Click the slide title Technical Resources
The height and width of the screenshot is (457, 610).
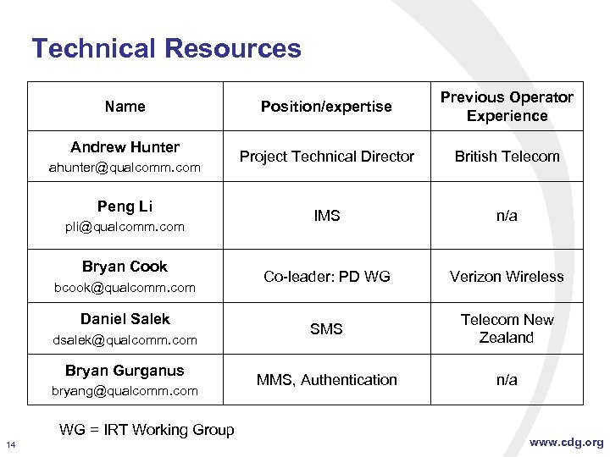(166, 48)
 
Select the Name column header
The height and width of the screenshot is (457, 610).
(125, 107)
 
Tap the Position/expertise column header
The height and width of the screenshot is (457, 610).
(326, 107)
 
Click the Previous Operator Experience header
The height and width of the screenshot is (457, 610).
(507, 107)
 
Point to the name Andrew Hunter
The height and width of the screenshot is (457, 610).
(125, 147)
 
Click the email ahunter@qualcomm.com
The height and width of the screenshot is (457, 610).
(125, 168)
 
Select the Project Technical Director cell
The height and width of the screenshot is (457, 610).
(326, 157)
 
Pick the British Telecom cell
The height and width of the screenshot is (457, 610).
(507, 157)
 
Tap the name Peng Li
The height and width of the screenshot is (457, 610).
(125, 206)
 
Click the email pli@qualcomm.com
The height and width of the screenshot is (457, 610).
(125, 227)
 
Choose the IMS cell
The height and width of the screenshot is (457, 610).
(326, 216)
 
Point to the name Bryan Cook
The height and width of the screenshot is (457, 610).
(125, 267)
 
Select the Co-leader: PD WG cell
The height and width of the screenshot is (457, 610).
(326, 277)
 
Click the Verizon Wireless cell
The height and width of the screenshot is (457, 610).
(507, 277)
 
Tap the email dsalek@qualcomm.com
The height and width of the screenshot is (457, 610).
(125, 340)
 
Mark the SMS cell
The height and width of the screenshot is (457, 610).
(326, 328)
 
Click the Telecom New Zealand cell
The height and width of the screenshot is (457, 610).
(507, 328)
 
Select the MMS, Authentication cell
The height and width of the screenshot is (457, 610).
(326, 380)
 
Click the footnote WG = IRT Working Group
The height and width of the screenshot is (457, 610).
(147, 430)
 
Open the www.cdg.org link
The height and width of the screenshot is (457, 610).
(567, 442)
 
